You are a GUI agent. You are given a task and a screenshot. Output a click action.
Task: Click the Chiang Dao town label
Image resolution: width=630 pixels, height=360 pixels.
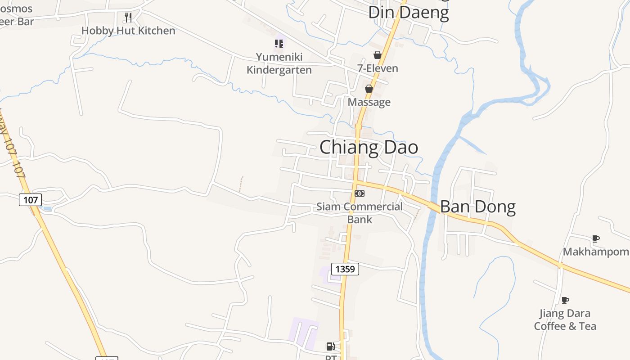pyautogui.click(x=369, y=148)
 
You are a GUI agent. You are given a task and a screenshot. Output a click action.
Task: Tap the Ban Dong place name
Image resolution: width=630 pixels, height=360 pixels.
pyautogui.click(x=477, y=207)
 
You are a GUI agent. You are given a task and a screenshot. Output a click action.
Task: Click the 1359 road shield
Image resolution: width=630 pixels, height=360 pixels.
pyautogui.click(x=345, y=269)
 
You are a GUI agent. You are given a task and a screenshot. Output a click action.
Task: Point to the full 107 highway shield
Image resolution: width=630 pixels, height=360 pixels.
pyautogui.click(x=30, y=199)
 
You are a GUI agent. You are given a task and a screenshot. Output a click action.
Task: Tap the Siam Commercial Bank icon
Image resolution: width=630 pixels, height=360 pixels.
pyautogui.click(x=359, y=193)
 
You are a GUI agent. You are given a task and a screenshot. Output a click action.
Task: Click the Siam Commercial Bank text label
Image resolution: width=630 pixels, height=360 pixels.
pyautogui.click(x=360, y=213)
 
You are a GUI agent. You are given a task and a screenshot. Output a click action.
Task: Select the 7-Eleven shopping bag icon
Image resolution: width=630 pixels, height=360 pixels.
pyautogui.click(x=377, y=55)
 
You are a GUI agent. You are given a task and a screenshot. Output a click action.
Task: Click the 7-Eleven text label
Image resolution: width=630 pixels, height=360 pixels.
pyautogui.click(x=378, y=68)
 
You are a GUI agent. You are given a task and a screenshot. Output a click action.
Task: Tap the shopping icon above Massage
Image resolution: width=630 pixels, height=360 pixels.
pyautogui.click(x=369, y=89)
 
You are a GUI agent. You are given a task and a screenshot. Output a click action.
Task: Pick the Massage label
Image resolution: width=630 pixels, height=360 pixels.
pyautogui.click(x=369, y=102)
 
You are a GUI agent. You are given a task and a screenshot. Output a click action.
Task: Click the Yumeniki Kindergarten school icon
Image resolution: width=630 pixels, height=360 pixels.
pyautogui.click(x=279, y=44)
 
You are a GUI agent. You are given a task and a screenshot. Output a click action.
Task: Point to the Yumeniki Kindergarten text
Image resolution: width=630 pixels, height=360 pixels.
pyautogui.click(x=279, y=63)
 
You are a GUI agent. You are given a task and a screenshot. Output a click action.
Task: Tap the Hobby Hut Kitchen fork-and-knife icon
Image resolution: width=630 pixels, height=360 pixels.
pyautogui.click(x=128, y=18)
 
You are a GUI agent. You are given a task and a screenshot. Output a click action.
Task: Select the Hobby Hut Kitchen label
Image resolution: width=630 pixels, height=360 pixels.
pyautogui.click(x=128, y=31)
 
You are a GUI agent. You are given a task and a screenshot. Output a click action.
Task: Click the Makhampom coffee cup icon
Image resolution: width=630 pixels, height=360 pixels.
pyautogui.click(x=596, y=238)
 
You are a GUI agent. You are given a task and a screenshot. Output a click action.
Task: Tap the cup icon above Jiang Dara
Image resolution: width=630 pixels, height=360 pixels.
pyautogui.click(x=565, y=300)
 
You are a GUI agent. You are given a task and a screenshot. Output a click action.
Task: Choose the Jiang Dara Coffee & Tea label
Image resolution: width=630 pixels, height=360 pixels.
pyautogui.click(x=565, y=319)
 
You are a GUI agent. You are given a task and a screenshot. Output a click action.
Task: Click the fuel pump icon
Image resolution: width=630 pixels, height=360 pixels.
pyautogui.click(x=331, y=346)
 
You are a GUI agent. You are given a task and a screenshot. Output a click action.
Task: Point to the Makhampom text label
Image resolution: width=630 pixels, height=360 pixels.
pyautogui.click(x=596, y=252)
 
